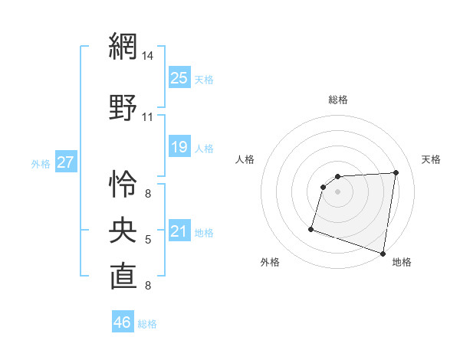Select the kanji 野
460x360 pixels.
pos(123,108)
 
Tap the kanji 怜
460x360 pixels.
pos(123,183)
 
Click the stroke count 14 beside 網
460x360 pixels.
pos(148,55)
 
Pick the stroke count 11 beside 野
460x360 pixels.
pos(148,117)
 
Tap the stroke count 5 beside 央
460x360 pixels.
pos(148,240)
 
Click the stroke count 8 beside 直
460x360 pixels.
pos(148,286)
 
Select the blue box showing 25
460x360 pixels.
pos(179,78)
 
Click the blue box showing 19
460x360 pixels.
pos(179,147)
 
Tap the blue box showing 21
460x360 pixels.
pos(179,231)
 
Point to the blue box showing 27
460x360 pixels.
pos(66,162)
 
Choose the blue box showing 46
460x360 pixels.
pos(123,322)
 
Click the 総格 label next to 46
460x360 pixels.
pos(147,324)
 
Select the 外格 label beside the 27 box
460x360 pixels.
pos(40,164)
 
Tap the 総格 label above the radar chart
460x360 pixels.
pos(338,100)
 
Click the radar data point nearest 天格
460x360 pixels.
pos(396,172)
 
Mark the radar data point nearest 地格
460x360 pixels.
pos(383,253)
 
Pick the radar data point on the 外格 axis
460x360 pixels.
pos(311,228)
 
